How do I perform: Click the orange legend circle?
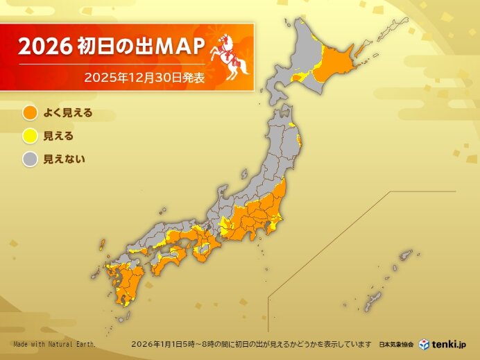pos(30,112)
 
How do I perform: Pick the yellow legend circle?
pos(30,136)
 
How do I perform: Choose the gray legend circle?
pos(30,160)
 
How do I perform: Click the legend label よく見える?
pos(68,112)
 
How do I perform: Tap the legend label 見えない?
pos(64,160)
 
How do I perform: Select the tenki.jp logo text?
pos(453,344)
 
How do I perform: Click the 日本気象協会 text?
pos(396,345)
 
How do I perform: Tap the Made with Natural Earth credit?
pos(54,345)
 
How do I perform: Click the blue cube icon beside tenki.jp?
pos(424,344)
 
